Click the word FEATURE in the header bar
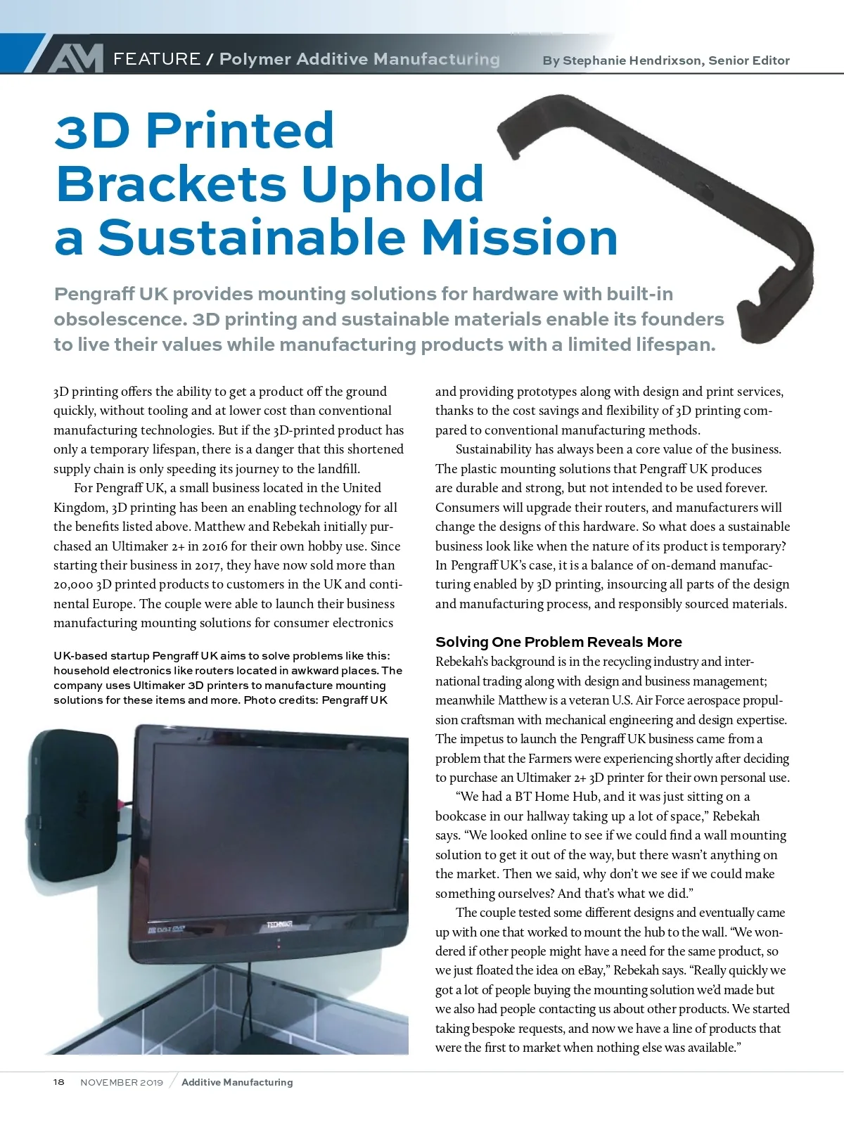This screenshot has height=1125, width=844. (157, 59)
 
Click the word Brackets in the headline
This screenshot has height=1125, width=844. (171, 184)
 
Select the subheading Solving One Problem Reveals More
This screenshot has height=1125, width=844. (558, 642)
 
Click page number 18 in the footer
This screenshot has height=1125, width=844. (59, 1082)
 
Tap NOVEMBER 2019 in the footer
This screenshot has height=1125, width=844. (122, 1082)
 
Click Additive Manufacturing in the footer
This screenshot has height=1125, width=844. (237, 1082)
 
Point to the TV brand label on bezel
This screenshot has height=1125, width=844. (279, 924)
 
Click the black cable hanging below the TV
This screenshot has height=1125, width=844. (249, 998)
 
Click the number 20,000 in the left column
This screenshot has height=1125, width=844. (73, 584)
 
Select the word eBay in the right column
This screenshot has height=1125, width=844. (591, 970)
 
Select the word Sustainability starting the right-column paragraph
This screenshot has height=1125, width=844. (493, 449)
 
